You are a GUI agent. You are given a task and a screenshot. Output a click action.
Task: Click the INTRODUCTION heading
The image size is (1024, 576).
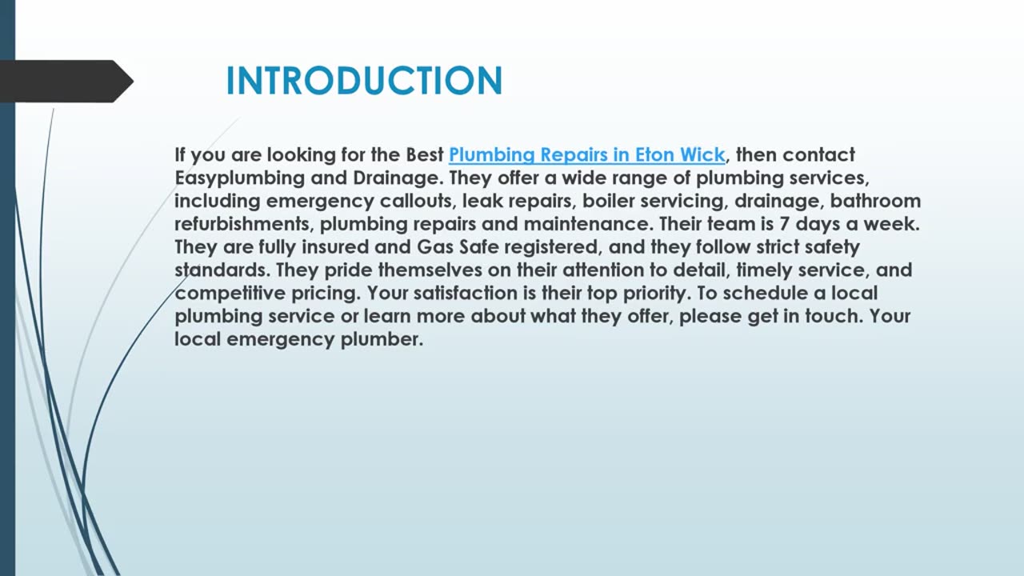364,81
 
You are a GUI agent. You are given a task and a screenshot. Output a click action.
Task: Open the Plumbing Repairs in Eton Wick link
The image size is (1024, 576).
586,154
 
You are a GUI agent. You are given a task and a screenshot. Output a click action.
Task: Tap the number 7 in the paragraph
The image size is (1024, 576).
785,224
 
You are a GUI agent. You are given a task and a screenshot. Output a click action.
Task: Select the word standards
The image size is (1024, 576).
218,270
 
